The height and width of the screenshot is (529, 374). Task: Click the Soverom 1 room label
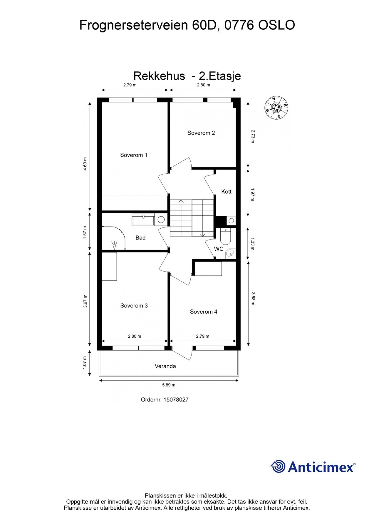click(x=134, y=155)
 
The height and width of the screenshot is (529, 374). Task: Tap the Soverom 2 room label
click(x=201, y=133)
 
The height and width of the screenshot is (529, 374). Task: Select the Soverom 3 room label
click(x=134, y=306)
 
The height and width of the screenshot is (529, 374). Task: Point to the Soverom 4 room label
click(x=203, y=312)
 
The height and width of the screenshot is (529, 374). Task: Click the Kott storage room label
click(x=226, y=192)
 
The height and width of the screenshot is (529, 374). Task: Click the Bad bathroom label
click(x=140, y=238)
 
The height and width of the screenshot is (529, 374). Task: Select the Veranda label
click(x=165, y=366)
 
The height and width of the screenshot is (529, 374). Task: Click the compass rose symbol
click(x=276, y=108)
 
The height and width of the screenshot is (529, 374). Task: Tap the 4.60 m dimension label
click(x=85, y=164)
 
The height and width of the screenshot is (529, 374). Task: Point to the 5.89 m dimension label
click(x=169, y=385)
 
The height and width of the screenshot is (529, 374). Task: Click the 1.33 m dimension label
click(x=252, y=244)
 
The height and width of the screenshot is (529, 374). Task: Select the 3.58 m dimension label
click(x=252, y=299)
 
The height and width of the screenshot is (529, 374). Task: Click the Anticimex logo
click(x=313, y=467)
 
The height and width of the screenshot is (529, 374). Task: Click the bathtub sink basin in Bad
click(x=143, y=220)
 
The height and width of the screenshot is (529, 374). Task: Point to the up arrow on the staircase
click(x=181, y=202)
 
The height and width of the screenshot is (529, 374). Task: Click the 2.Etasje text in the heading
click(x=220, y=76)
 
